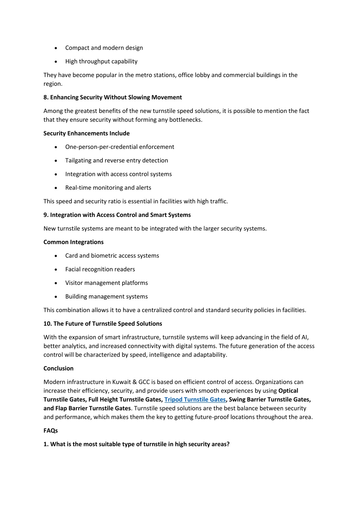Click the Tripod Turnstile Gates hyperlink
(195, 400)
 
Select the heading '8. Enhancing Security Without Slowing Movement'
(113, 97)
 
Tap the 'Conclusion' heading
(58, 368)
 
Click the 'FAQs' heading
(51, 431)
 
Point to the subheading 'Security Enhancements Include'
(87, 133)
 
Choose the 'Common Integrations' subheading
(74, 242)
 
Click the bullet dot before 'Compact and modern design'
(56, 48)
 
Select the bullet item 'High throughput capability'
(101, 62)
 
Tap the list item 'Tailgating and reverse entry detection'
(116, 160)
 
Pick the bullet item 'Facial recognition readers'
(100, 269)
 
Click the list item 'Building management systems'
(106, 297)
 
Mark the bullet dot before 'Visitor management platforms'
(56, 283)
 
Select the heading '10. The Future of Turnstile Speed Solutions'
(103, 324)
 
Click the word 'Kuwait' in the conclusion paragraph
(121, 382)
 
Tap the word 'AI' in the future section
(304, 337)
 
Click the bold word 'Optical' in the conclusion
(288, 391)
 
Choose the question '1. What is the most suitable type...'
(137, 444)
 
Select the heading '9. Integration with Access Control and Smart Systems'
(117, 215)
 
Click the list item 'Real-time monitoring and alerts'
(108, 188)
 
